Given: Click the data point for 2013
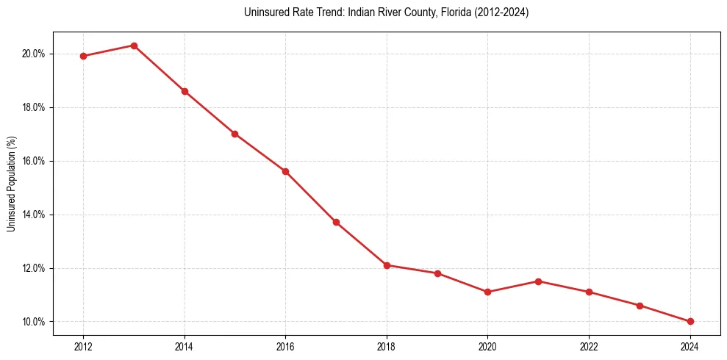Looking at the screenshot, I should [x=134, y=46].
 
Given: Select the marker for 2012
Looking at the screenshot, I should [x=83, y=56].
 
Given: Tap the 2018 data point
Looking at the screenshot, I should [x=387, y=265].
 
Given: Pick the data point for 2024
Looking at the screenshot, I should [x=690, y=321].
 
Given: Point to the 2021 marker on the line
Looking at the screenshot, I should [x=539, y=281].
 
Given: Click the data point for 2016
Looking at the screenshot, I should [x=285, y=171].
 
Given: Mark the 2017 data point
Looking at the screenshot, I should [x=336, y=222].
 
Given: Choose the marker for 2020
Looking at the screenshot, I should [x=488, y=292].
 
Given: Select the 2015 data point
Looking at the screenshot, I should [x=234, y=134].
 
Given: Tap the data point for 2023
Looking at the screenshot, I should [x=640, y=306].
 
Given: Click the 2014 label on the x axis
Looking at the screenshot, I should [x=185, y=346].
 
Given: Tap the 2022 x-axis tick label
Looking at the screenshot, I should [x=589, y=346].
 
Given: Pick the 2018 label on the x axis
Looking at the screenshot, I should [x=387, y=346].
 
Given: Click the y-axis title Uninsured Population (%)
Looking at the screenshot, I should [x=11, y=184].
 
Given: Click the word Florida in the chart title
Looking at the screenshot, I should [x=448, y=12].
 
